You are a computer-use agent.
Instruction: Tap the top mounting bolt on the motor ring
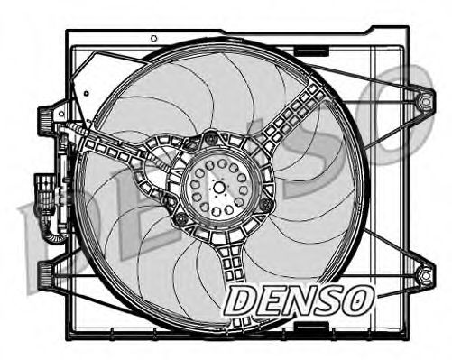211,138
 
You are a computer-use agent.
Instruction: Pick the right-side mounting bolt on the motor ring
263,207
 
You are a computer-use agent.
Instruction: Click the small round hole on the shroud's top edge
154,38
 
